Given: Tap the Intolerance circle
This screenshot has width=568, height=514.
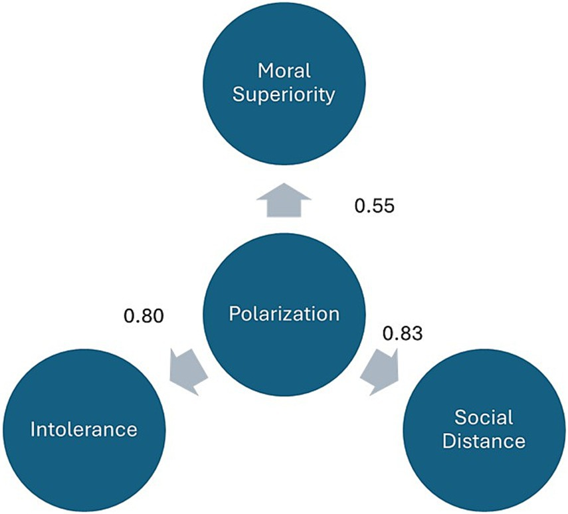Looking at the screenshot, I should pyautogui.click(x=84, y=428).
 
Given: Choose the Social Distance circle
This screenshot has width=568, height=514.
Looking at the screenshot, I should pyautogui.click(x=484, y=428).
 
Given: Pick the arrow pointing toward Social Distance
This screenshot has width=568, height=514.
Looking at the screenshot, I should pyautogui.click(x=380, y=371).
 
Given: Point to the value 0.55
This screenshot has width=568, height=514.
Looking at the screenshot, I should pyautogui.click(x=375, y=206).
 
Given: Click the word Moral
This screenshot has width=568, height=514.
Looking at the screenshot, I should pyautogui.click(x=284, y=70).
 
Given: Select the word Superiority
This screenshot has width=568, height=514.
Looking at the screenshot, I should pyautogui.click(x=284, y=95).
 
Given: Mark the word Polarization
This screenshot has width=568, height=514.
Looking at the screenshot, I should pyautogui.click(x=284, y=313).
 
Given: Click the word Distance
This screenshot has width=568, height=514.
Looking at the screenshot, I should pyautogui.click(x=484, y=440).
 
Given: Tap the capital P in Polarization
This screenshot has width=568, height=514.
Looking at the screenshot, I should pyautogui.click(x=233, y=313).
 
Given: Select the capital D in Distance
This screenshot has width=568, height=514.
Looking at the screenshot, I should pyautogui.click(x=447, y=440).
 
